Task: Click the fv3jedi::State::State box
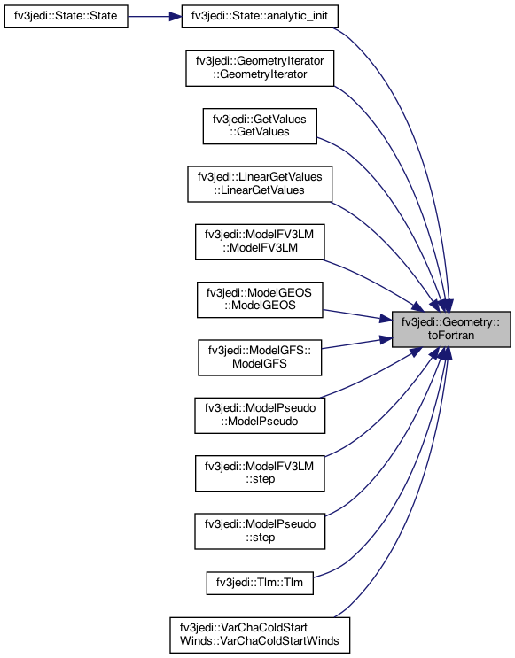coord(66,16)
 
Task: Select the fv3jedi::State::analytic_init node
coord(260,16)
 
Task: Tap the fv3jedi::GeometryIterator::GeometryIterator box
coord(260,68)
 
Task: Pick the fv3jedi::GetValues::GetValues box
coord(260,127)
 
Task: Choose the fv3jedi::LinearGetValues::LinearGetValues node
coord(260,184)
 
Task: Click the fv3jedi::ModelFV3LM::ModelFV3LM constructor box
coord(260,242)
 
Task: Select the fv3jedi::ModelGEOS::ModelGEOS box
coord(260,299)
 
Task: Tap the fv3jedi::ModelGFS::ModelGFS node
coord(260,358)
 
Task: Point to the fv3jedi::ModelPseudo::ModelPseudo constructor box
coord(260,415)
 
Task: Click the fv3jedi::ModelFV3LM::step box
coord(260,474)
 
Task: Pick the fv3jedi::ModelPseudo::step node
coord(260,531)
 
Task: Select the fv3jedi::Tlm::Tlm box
coord(260,584)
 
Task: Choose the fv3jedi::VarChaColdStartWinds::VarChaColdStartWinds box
coord(260,635)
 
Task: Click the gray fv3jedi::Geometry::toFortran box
coord(451,329)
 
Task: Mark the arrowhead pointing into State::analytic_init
coord(176,16)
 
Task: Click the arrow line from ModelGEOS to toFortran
coord(357,315)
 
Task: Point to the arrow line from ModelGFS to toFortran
coord(356,344)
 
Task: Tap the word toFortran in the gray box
coord(451,336)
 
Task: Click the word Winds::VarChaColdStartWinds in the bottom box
coord(260,641)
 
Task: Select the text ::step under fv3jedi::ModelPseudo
coord(261,538)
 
